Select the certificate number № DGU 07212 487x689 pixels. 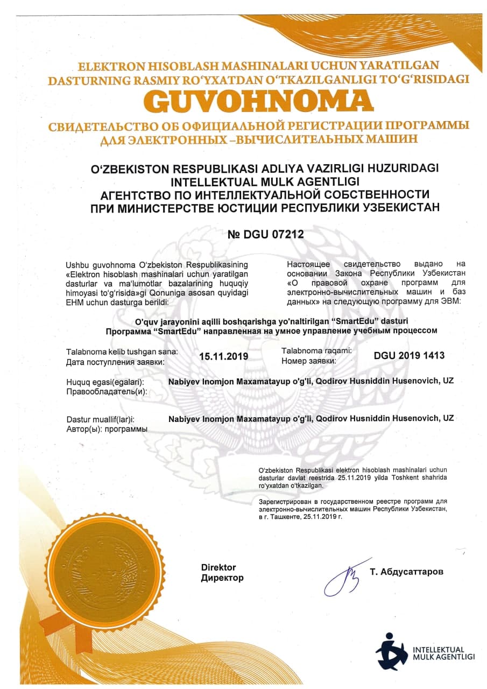[266, 234]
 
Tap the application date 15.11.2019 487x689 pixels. [223, 356]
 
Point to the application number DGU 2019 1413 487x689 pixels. [409, 355]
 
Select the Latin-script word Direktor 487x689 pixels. [218, 567]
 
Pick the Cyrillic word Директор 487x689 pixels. [222, 578]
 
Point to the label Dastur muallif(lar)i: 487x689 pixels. [100, 419]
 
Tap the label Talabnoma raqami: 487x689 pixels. [317, 350]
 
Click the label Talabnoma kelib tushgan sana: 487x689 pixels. [122, 351]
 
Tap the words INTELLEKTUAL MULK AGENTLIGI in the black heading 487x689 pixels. [265, 180]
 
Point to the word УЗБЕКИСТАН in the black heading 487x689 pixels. [401, 206]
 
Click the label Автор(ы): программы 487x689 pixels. [107, 429]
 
